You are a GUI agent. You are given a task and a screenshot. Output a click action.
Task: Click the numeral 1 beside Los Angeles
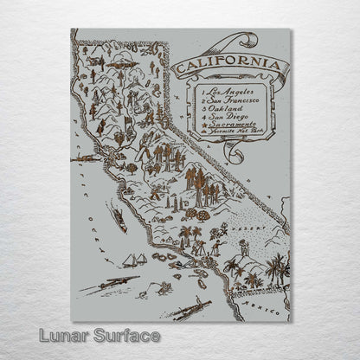[x=202, y=90]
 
